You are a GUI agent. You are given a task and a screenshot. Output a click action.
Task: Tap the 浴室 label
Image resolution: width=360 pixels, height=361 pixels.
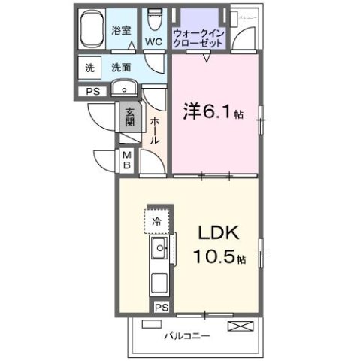(x=121, y=30)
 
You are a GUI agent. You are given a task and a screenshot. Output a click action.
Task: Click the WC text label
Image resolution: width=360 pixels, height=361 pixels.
(x=155, y=42)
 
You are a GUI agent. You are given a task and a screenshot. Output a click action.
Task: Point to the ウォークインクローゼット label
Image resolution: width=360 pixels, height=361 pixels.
(x=198, y=38)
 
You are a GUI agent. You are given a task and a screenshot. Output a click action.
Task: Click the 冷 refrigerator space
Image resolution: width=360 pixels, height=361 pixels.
(x=157, y=221)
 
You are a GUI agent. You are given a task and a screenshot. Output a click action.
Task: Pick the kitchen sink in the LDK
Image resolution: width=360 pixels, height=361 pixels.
(x=160, y=249)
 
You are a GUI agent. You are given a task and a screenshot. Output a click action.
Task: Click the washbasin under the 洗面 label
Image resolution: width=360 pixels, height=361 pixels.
(x=122, y=89)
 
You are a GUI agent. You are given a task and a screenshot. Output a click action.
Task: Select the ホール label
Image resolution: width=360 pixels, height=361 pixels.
(x=153, y=129)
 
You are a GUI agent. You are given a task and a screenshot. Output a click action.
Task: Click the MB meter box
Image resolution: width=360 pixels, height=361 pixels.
(x=127, y=159)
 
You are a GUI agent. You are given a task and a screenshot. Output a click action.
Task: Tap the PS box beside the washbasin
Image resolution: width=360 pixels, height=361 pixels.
(x=92, y=92)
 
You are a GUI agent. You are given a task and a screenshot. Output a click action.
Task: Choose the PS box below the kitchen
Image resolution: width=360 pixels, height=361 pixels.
(x=160, y=307)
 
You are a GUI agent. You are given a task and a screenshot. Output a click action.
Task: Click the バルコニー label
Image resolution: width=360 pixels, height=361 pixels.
(x=188, y=335)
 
